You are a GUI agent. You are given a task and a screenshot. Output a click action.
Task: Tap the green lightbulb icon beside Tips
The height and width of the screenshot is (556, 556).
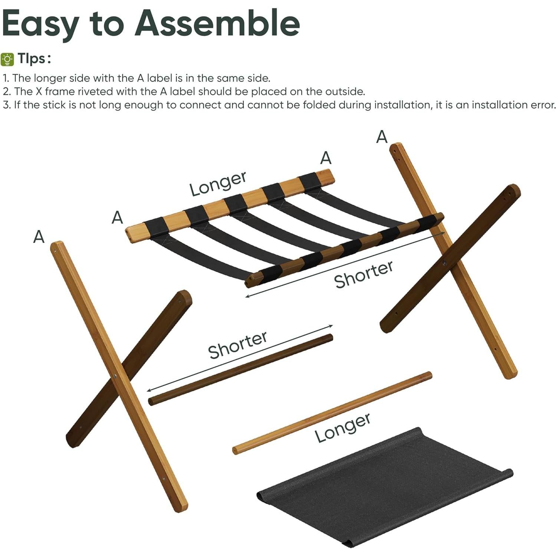click(7, 59)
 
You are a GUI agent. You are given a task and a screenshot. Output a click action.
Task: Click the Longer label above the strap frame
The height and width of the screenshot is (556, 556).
click(218, 184)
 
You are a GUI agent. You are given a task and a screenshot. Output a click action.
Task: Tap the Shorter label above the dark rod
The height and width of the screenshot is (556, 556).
click(237, 345)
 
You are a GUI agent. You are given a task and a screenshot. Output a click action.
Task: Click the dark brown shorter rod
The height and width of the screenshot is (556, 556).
click(240, 370)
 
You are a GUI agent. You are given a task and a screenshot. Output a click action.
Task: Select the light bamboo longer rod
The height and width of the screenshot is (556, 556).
click(332, 412)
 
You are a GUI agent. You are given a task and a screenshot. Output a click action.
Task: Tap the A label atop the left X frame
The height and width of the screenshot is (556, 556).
click(39, 236)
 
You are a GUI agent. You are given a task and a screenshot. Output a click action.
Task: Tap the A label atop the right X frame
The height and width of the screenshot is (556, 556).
click(382, 137)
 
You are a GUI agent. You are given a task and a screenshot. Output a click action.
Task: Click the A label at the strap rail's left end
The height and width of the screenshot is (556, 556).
click(117, 217)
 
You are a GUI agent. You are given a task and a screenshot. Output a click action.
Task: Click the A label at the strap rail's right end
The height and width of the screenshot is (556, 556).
click(326, 158)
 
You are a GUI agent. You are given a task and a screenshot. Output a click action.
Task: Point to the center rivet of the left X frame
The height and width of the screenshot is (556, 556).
click(115, 376)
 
